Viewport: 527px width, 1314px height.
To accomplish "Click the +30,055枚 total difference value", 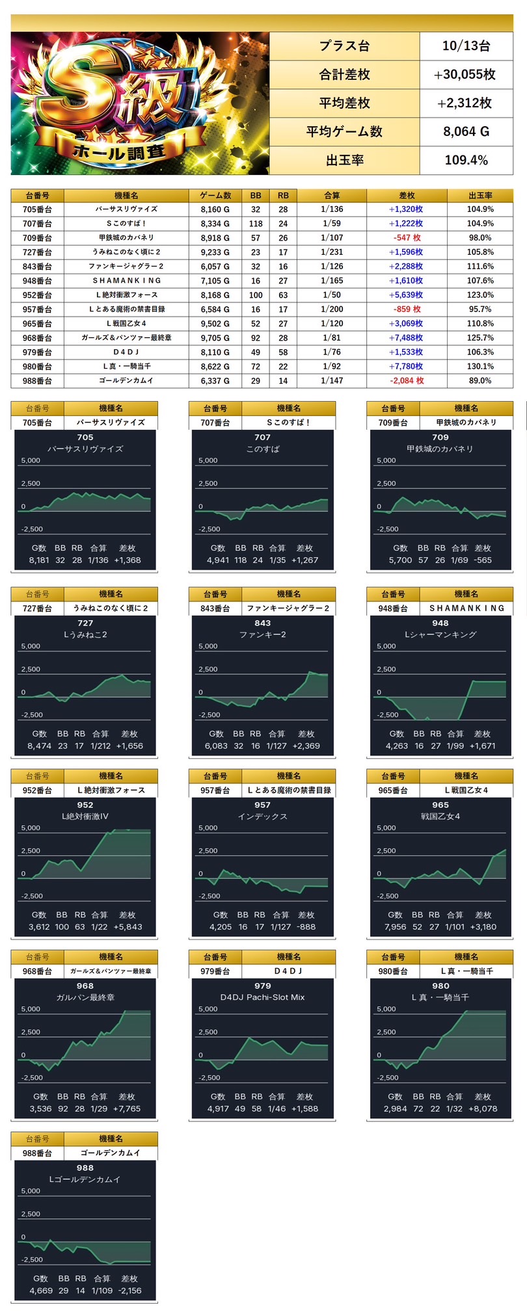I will click(x=465, y=75).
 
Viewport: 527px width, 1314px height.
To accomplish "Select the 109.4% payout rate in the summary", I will click(x=466, y=161).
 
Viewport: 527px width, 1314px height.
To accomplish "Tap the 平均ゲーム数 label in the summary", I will click(x=344, y=132).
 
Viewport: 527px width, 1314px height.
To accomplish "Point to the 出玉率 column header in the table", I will click(x=480, y=196).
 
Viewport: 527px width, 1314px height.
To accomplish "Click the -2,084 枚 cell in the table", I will click(x=407, y=381).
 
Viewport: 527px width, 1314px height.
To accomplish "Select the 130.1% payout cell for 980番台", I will click(x=480, y=367).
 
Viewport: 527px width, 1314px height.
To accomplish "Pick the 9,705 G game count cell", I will click(x=215, y=338).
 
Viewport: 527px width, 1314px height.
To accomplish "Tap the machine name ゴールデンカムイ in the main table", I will click(x=126, y=381).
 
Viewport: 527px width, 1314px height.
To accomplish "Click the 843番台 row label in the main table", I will click(x=37, y=267).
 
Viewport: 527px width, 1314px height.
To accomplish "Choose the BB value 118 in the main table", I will click(x=256, y=224).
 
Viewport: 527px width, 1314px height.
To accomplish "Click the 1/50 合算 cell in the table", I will click(x=332, y=295).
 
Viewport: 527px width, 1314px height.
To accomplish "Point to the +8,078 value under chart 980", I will click(x=483, y=1109).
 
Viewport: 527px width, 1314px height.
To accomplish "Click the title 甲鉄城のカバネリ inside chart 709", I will click(x=440, y=449).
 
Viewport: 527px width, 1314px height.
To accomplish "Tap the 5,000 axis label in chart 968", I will click(x=31, y=1009).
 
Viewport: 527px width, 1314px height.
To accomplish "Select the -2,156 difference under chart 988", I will click(x=130, y=1291).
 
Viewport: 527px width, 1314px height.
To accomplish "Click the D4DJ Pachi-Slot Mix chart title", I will click(x=262, y=997).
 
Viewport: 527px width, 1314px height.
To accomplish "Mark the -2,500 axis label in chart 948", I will click(x=388, y=715).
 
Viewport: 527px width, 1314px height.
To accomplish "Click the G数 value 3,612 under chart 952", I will click(x=39, y=927).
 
